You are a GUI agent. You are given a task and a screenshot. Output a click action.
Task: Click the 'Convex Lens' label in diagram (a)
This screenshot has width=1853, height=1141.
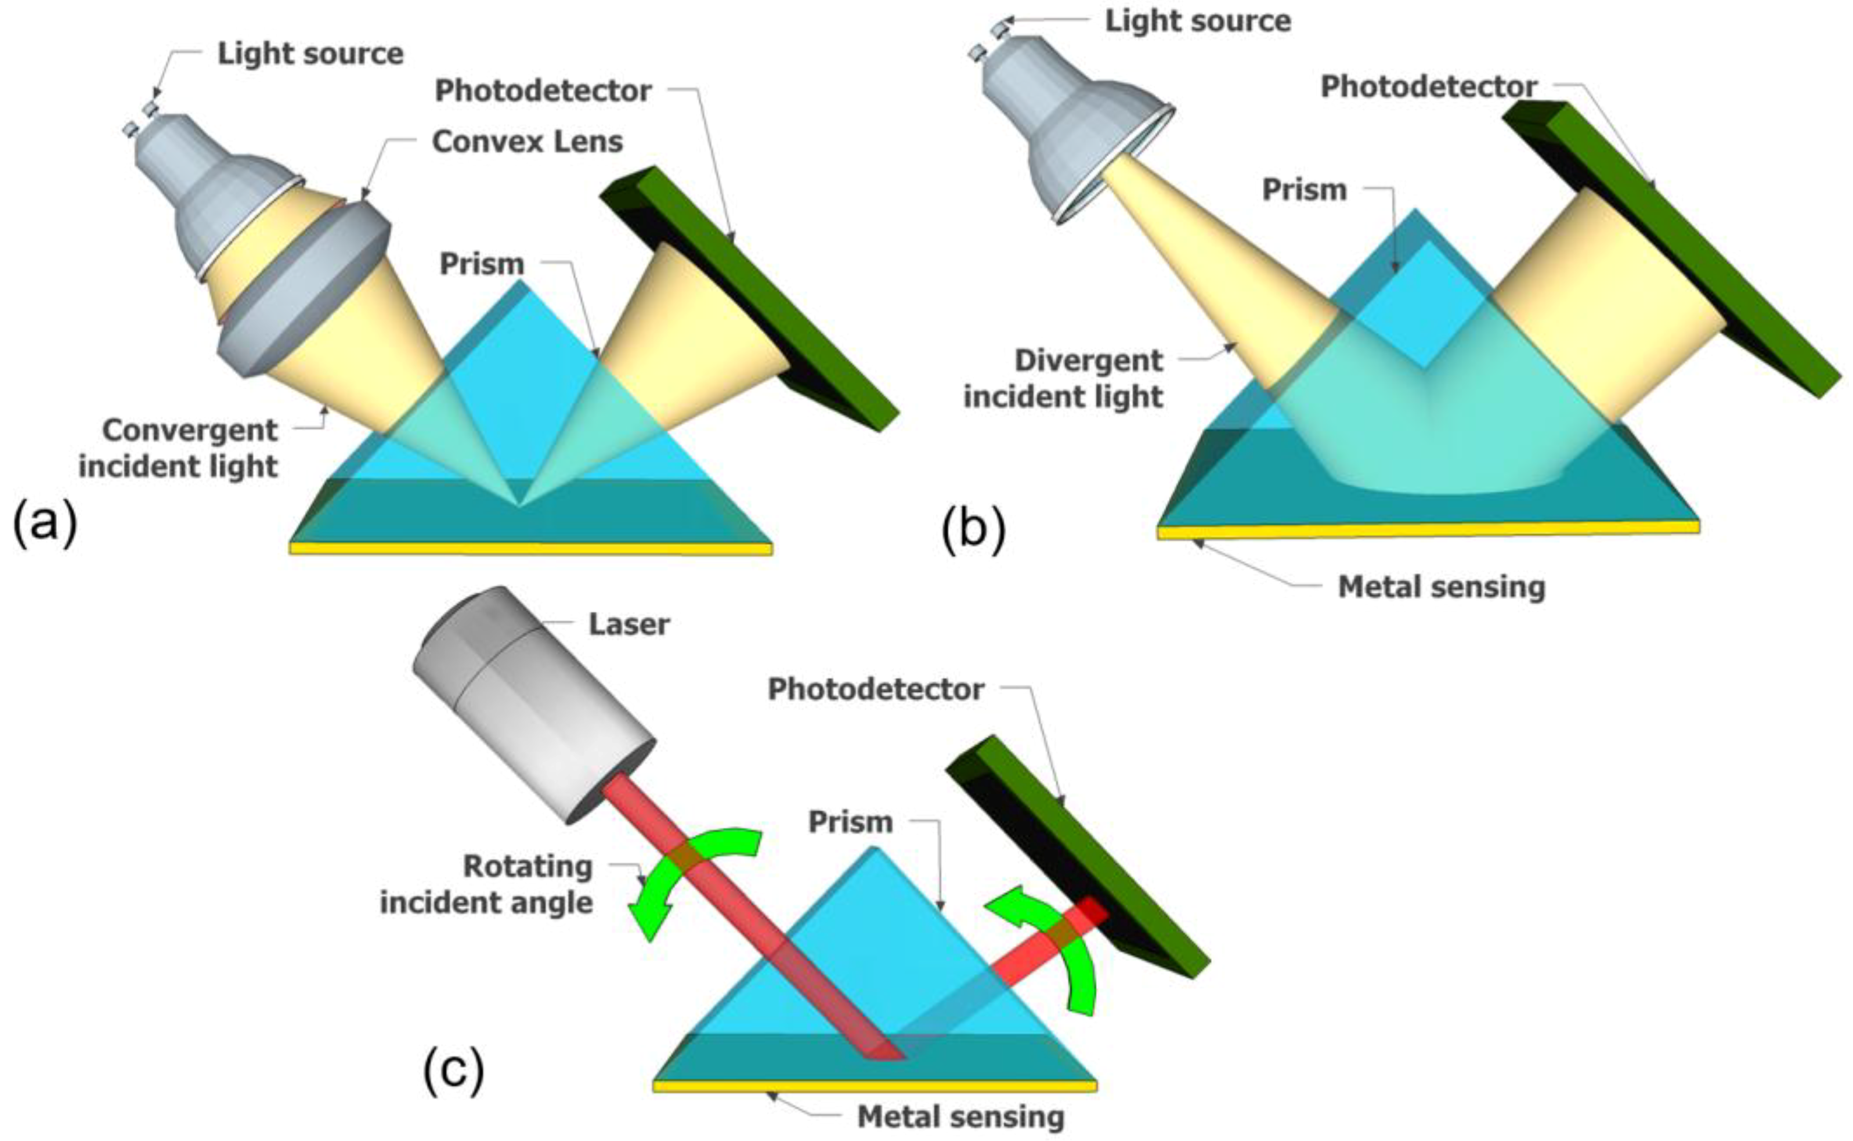pos(526,141)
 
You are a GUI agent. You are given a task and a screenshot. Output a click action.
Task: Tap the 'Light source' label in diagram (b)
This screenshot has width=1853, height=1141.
pos(1197,21)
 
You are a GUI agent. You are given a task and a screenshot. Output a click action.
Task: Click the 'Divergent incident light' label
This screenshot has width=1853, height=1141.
pos(1064,379)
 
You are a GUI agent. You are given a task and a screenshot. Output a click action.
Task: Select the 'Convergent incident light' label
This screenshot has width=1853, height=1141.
pos(179,448)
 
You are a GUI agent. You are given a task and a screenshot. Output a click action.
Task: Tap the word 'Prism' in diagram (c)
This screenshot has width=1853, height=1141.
pos(850,822)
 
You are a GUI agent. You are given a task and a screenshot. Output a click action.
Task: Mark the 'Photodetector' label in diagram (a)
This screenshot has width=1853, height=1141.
pos(543,91)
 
